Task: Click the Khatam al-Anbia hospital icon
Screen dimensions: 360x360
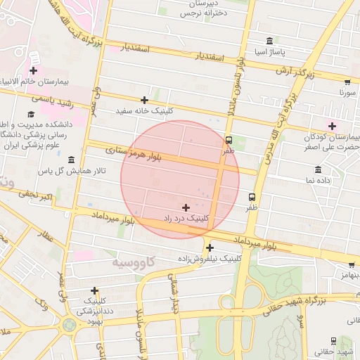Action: pos(33,70)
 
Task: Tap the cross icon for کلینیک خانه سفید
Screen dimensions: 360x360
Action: pos(145,100)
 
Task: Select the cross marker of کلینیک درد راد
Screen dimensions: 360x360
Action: pos(186,207)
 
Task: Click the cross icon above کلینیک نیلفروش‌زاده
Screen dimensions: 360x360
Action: pos(210,247)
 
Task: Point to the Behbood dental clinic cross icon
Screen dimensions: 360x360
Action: pos(94,290)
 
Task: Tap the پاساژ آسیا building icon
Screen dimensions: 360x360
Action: pos(270,41)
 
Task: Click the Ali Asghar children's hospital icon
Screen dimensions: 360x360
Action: pos(332,125)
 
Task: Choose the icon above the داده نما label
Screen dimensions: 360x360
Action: pos(319,169)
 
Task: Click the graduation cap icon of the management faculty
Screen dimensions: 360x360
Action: pos(31,114)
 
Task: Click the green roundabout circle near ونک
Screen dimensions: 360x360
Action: pos(69,325)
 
